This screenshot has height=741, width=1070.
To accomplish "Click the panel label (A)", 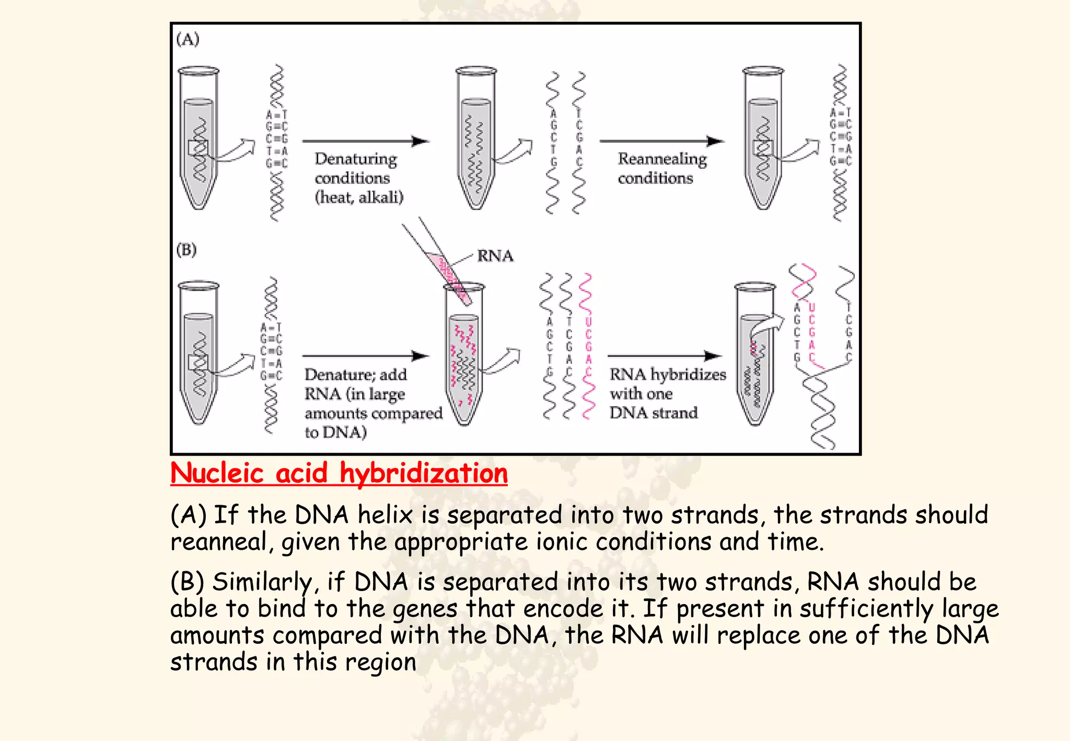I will [x=188, y=39].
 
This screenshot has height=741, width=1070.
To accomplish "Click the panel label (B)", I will [x=187, y=250].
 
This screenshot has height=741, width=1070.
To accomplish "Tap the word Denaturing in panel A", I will [x=356, y=158].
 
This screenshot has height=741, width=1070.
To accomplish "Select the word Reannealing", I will [x=662, y=158].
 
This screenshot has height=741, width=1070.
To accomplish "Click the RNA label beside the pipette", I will [x=495, y=256].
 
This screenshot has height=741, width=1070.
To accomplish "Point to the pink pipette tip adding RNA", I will [x=448, y=277].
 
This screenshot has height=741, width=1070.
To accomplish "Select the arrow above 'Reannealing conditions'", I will [x=661, y=141].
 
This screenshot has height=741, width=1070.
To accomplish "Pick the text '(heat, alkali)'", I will [x=359, y=198].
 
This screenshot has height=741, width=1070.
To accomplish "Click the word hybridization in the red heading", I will [x=423, y=473].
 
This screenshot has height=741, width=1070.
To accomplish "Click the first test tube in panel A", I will [x=199, y=138].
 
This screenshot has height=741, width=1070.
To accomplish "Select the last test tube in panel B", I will [x=754, y=355].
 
